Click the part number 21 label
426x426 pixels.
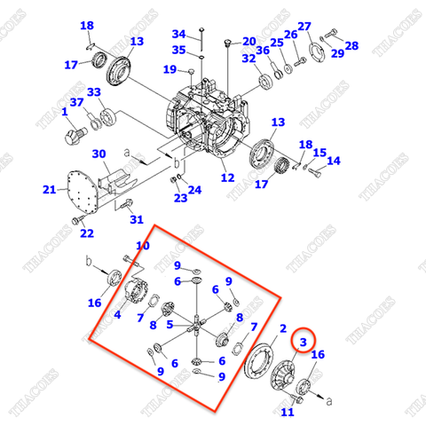(x=50, y=190)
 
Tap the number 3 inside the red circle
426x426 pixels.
(x=303, y=341)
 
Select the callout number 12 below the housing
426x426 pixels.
(x=228, y=177)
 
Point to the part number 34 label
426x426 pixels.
(x=178, y=34)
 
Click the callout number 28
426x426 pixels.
(x=351, y=45)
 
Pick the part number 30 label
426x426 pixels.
(x=99, y=154)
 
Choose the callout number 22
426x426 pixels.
(x=86, y=233)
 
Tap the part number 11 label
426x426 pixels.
(x=287, y=413)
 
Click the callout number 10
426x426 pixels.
(x=142, y=246)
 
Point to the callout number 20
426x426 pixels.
(x=248, y=41)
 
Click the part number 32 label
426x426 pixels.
(x=248, y=59)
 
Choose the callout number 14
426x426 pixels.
(x=333, y=161)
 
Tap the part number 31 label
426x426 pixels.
(x=135, y=220)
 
